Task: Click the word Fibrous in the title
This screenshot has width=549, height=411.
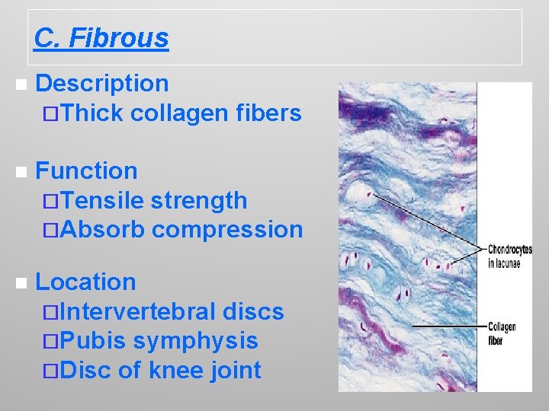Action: point(118,37)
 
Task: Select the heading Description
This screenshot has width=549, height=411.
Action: point(102,84)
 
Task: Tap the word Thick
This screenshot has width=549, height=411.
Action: point(91,113)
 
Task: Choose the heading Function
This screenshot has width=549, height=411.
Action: point(86,170)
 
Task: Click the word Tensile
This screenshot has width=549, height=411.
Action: point(102,200)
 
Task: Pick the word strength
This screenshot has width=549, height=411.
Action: point(199,200)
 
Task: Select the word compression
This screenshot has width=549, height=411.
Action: point(227,229)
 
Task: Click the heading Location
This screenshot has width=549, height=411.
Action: point(85,282)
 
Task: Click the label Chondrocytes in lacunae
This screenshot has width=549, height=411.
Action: point(509,256)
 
